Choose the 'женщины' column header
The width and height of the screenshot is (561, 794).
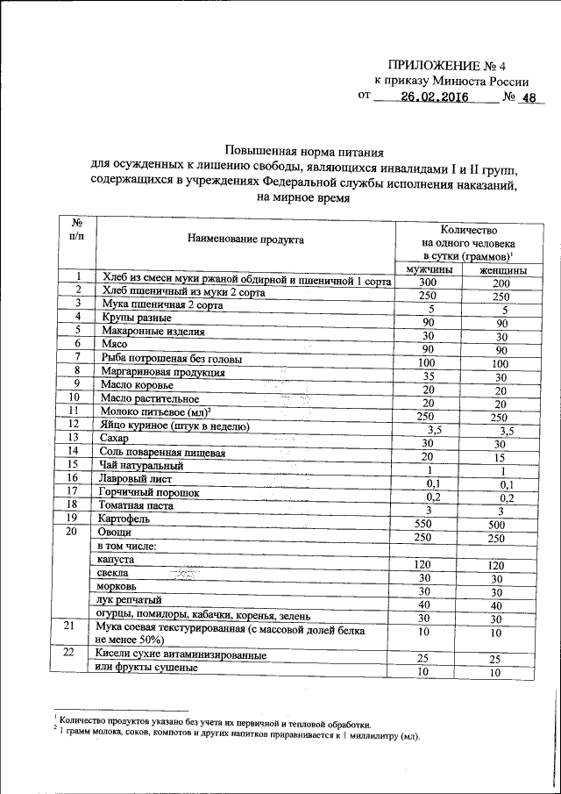502,271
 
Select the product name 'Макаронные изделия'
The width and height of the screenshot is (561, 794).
153,332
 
